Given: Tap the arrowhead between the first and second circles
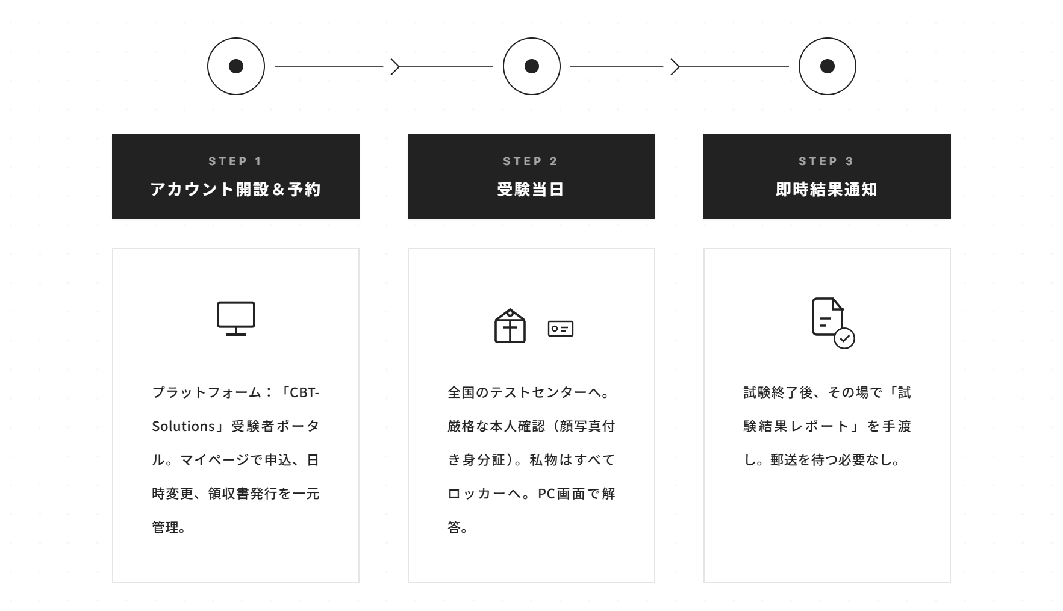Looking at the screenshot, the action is [x=395, y=67].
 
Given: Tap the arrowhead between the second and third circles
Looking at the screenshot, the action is [x=675, y=67].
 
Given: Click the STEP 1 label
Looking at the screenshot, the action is [x=235, y=161].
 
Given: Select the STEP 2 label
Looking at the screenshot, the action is [x=531, y=161].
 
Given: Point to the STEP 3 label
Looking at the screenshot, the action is [x=827, y=161].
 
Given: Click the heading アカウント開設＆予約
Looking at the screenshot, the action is [x=235, y=190].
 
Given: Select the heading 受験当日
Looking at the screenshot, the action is [x=531, y=190].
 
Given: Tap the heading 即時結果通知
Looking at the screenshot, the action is [x=827, y=190].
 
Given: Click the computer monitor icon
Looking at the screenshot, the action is [x=236, y=318].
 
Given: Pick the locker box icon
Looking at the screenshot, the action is [x=510, y=326].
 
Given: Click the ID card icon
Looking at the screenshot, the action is [x=561, y=329].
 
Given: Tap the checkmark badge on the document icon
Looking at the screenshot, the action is [x=844, y=338].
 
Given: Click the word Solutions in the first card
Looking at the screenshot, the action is [x=184, y=426].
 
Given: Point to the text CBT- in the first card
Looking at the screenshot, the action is [x=305, y=392].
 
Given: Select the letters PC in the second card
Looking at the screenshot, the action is [x=546, y=494].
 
